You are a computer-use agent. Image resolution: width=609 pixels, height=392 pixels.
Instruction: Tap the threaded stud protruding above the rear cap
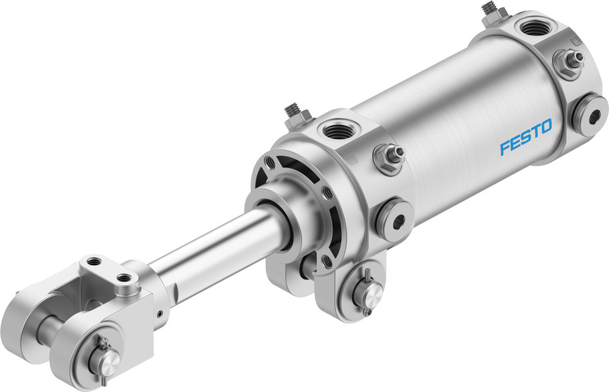point(488,9)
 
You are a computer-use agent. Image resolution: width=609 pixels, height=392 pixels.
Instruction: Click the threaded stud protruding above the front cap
point(290,112)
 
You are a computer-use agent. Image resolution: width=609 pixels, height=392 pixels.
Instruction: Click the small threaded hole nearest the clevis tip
point(94,262)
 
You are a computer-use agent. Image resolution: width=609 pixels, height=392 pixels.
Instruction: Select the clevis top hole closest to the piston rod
point(125,278)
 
